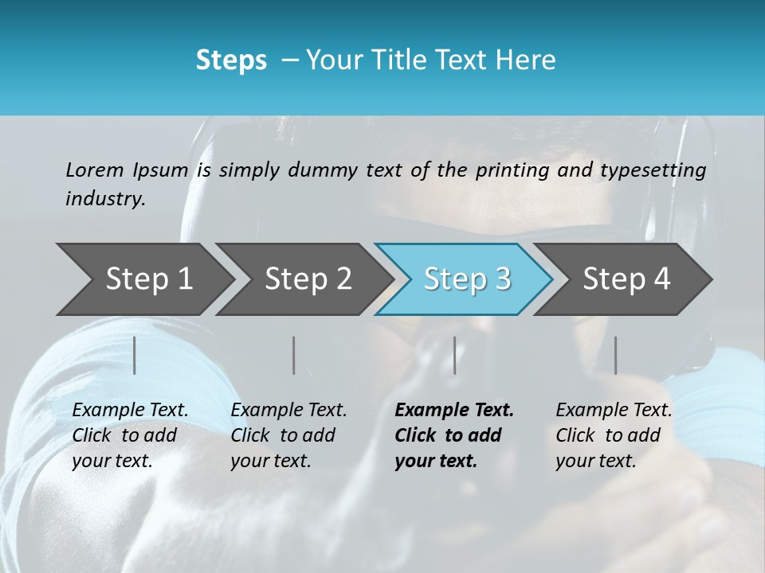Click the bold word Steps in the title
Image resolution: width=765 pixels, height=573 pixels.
231,60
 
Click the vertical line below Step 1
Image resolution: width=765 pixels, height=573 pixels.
135,355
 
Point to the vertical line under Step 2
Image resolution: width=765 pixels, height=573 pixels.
294,355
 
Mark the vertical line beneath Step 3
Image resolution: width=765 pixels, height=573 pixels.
454,355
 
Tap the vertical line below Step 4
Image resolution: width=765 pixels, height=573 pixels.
615,355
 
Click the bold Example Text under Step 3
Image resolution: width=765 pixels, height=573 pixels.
454,411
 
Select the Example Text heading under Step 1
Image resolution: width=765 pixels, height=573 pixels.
130,411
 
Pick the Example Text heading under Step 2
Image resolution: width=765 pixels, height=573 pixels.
288,411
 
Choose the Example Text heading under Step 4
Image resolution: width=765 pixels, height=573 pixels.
614,411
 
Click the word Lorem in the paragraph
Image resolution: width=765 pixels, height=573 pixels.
95,170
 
